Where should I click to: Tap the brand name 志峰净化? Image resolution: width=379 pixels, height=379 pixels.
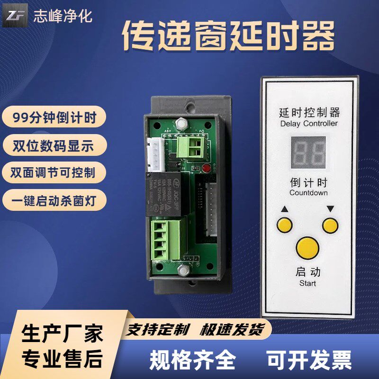[x=63, y=16]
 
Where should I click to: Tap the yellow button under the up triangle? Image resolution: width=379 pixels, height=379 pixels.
[x=285, y=225]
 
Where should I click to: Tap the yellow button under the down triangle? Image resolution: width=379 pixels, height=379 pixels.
[x=330, y=225]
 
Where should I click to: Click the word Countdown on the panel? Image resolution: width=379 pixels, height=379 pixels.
[x=308, y=193]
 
